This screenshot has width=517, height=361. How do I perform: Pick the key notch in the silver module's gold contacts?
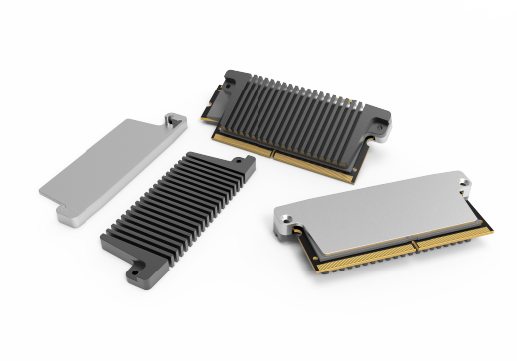(x=411, y=243)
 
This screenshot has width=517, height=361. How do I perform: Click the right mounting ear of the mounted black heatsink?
(x=378, y=127)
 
